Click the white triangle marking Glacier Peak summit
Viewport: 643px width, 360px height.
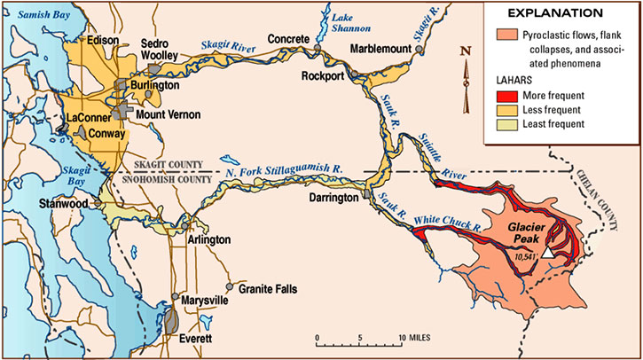[x=549, y=253]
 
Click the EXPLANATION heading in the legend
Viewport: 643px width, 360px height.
[x=560, y=14]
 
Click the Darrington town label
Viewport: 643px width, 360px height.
[x=335, y=199]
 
